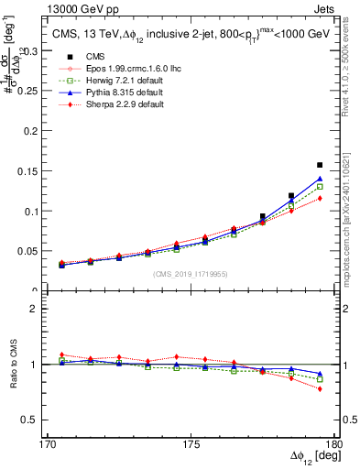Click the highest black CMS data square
coord(319,165)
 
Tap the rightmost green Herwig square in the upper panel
coord(319,187)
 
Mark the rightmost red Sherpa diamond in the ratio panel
coord(319,389)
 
